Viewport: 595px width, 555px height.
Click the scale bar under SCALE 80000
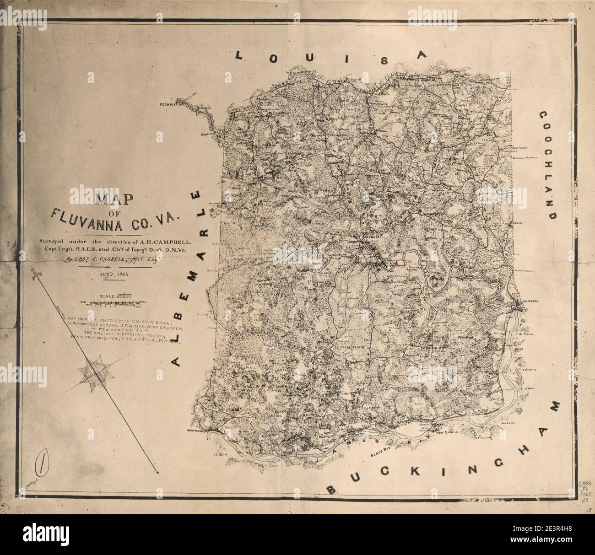[x=117, y=302]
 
